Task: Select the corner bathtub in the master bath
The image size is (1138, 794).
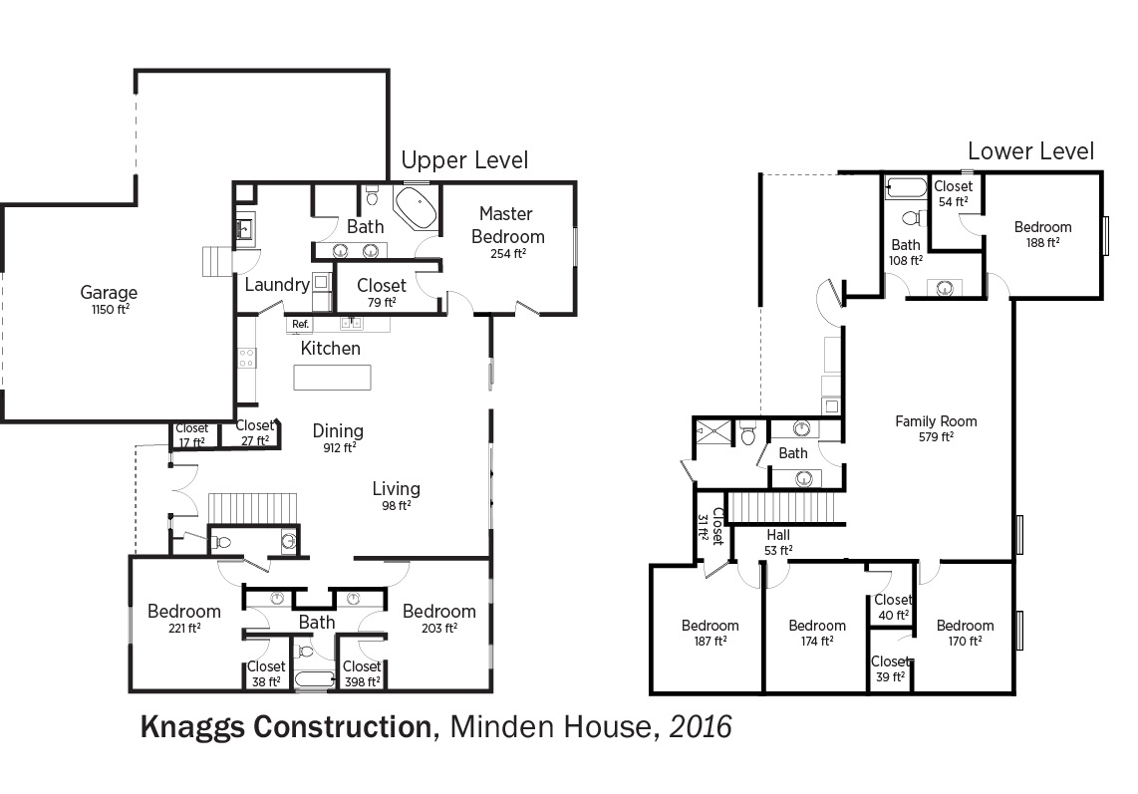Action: tap(416, 208)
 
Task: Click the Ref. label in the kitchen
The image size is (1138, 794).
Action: tap(301, 325)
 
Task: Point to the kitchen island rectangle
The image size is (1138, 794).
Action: tap(332, 378)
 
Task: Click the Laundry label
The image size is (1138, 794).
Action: tap(277, 285)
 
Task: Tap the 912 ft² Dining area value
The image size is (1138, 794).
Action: tap(340, 447)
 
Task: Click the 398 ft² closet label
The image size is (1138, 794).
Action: tap(362, 673)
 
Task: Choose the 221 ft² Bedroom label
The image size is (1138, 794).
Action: tap(184, 619)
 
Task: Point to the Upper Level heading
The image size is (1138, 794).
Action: tap(464, 159)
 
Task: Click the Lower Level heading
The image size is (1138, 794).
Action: tap(1030, 151)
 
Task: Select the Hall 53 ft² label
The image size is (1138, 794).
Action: tap(778, 542)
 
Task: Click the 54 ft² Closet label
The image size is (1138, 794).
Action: tap(953, 194)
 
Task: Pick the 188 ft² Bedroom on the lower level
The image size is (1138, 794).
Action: tap(1043, 234)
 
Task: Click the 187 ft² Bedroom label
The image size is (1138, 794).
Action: tap(710, 633)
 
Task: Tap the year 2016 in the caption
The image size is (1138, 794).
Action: tap(701, 726)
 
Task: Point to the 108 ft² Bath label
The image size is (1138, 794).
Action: tap(906, 252)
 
